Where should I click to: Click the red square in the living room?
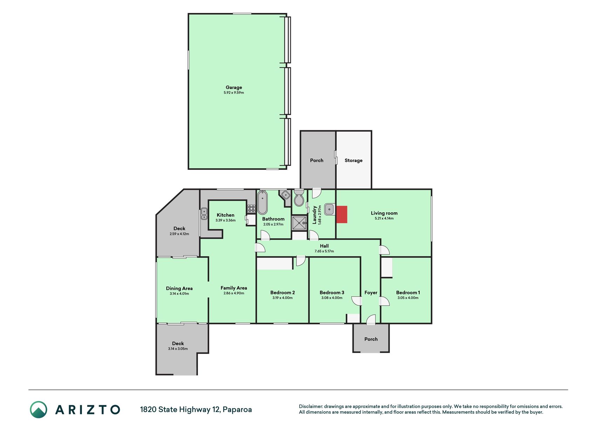[x=342, y=214]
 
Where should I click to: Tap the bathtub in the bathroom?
[x=262, y=202]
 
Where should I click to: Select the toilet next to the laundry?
[x=299, y=198]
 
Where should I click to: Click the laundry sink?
[x=329, y=209]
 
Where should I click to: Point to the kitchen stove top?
[x=251, y=209]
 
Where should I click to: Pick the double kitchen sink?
[x=204, y=214]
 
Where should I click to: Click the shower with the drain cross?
[x=299, y=223]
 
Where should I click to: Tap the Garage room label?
[x=234, y=87]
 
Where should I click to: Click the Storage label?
[x=353, y=160]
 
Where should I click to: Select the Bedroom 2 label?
[x=282, y=293]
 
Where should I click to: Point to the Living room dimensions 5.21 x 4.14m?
[x=384, y=218]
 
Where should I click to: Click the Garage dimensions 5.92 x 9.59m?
[x=234, y=93]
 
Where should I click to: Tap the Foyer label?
[x=371, y=293]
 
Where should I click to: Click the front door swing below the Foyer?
[x=371, y=320]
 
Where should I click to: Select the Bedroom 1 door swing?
[x=384, y=301]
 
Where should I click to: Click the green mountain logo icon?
[x=38, y=409]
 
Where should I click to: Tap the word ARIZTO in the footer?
[x=88, y=409]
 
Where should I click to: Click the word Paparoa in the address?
[x=237, y=409]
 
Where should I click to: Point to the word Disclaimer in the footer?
[x=311, y=406]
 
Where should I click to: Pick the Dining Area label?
[x=179, y=288]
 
